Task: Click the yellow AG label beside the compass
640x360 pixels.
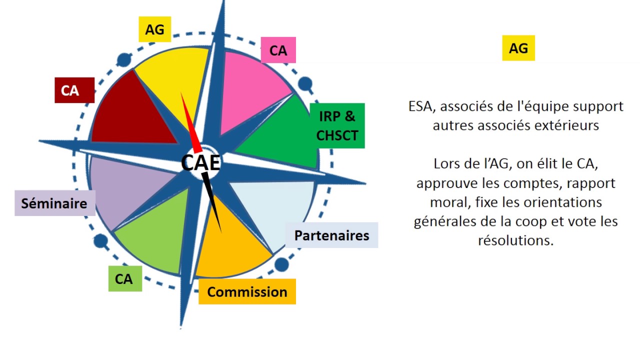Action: [x=154, y=30]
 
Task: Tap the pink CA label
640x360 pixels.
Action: [x=278, y=50]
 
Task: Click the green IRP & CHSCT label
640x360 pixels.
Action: [x=337, y=125]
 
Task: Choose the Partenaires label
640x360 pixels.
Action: [x=331, y=235]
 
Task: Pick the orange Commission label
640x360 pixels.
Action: [x=247, y=292]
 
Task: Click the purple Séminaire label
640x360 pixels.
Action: [x=54, y=203]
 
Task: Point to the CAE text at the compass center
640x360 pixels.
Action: [x=200, y=163]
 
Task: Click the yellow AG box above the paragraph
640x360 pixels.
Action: [x=518, y=48]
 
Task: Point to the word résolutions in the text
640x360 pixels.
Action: [x=515, y=240]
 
